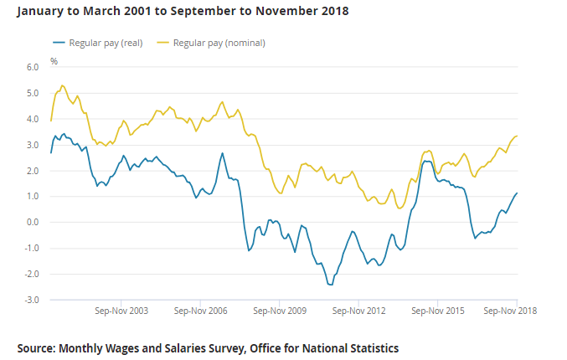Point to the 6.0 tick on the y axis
pyautogui.click(x=33, y=67)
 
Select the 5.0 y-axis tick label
pyautogui.click(x=33, y=93)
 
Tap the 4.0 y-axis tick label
pyautogui.click(x=33, y=119)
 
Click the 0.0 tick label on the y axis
pyautogui.click(x=33, y=222)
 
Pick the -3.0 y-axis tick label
pyautogui.click(x=32, y=300)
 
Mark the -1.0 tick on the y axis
pyautogui.click(x=32, y=248)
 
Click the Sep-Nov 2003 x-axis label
pyautogui.click(x=122, y=311)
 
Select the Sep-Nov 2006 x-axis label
pyautogui.click(x=200, y=311)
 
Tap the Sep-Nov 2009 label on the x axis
pyautogui.click(x=279, y=311)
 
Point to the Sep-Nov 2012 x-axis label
pyautogui.click(x=358, y=311)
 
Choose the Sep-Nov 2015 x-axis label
pyautogui.click(x=438, y=311)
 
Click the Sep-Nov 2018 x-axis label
pyautogui.click(x=510, y=311)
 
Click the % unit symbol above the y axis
pyautogui.click(x=54, y=61)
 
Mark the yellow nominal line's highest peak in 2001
pyautogui.click(x=62, y=85)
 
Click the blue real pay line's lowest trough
pyautogui.click(x=331, y=285)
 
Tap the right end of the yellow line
pyautogui.click(x=517, y=136)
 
